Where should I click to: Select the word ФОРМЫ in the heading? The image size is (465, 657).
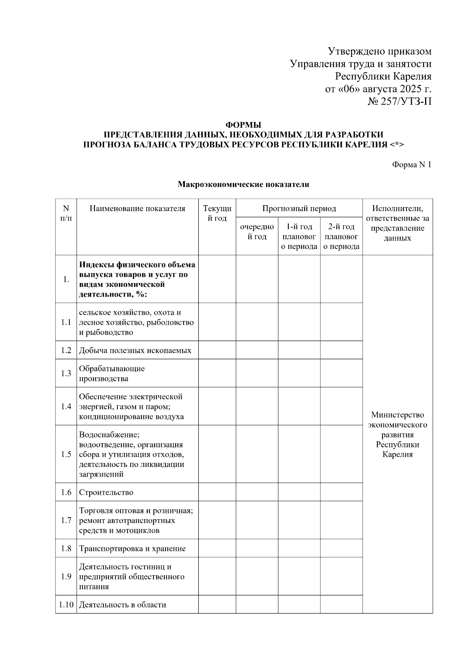tap(243, 125)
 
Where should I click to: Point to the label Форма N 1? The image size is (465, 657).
tap(412, 165)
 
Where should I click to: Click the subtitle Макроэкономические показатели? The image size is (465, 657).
tap(243, 184)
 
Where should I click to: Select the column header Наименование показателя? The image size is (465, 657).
tap(138, 209)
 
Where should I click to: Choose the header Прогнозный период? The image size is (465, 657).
tap(299, 209)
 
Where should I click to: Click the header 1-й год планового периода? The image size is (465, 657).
tap(299, 237)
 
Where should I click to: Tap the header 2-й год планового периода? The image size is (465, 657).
tap(341, 237)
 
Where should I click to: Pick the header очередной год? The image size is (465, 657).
tap(257, 232)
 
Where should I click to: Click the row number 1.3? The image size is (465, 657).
tap(66, 373)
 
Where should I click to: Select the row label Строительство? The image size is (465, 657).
tap(106, 492)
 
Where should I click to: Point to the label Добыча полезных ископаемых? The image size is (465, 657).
tap(135, 350)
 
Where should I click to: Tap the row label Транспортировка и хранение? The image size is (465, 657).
tap(133, 549)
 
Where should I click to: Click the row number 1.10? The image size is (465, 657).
tap(66, 605)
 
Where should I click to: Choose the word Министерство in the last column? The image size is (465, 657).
tap(398, 415)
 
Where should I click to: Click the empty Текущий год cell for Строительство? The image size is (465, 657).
tap(217, 492)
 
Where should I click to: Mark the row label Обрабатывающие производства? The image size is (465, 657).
tap(112, 374)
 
